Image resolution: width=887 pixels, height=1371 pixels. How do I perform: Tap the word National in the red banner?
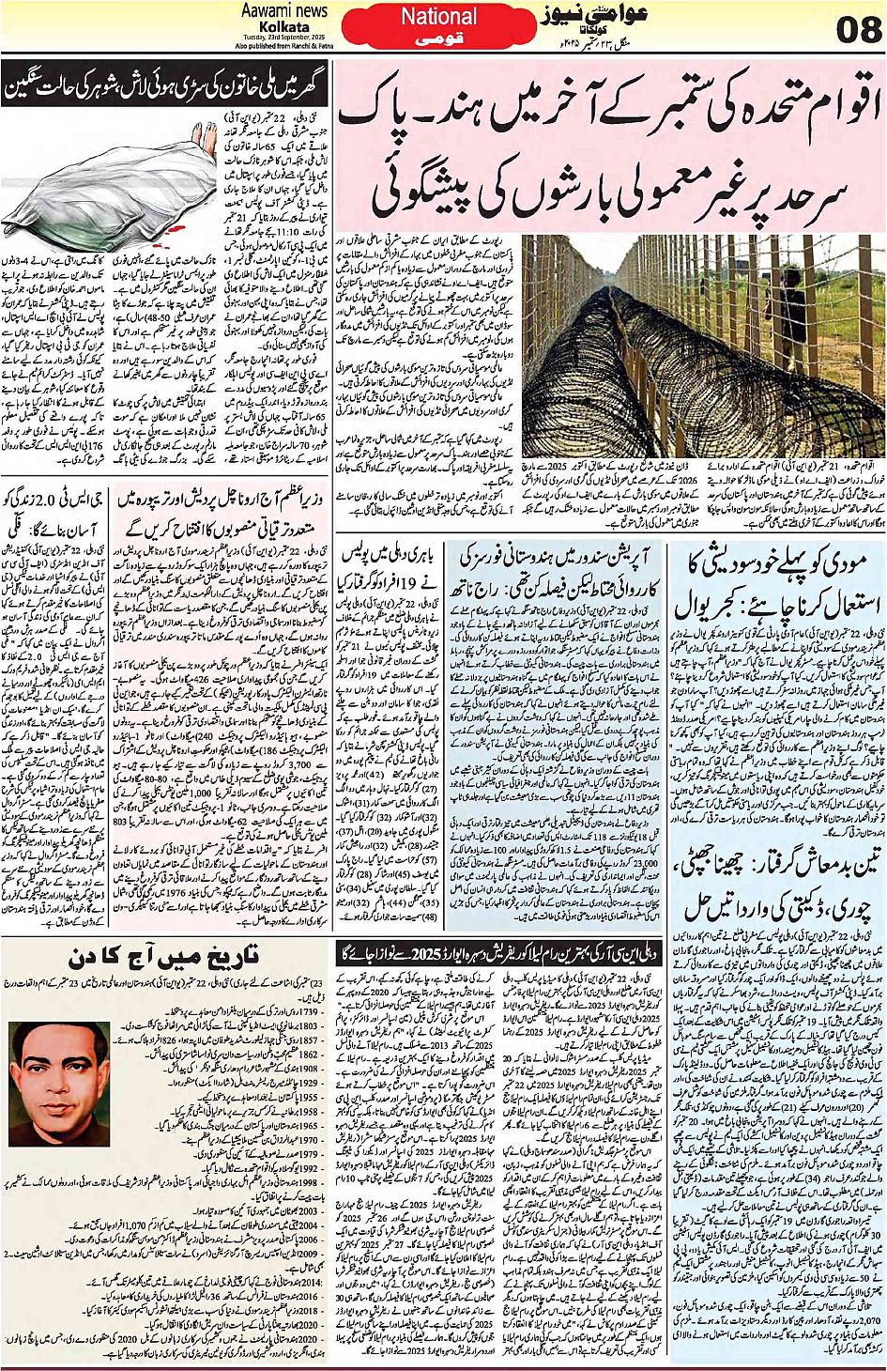click(x=439, y=17)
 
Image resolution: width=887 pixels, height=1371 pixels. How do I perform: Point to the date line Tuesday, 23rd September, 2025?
click(x=285, y=38)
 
